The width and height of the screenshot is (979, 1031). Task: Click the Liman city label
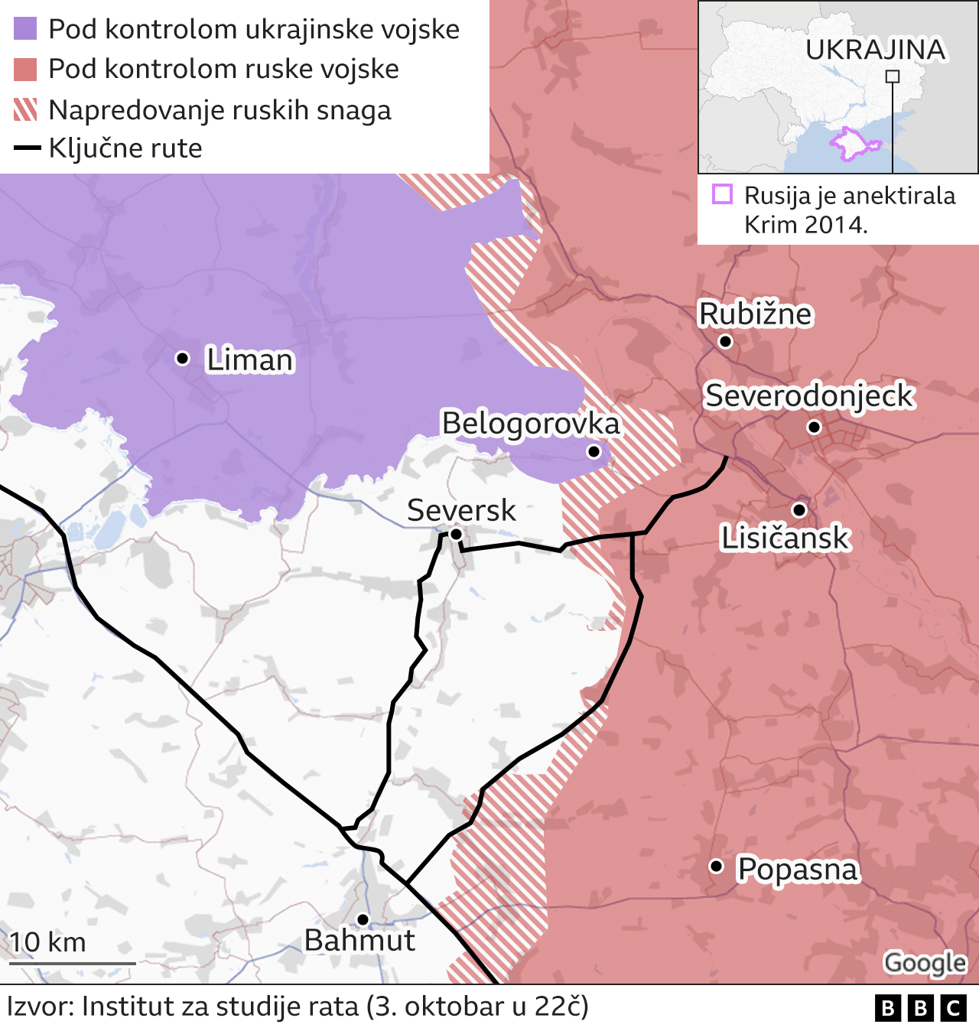pos(249,360)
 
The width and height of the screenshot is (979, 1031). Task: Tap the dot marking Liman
pos(182,358)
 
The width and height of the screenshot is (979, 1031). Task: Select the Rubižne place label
pos(755,314)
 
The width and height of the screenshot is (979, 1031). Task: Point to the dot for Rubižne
pos(726,341)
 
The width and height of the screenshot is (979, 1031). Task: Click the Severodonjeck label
pos(808,396)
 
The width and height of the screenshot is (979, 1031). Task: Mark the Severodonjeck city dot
pos(815,427)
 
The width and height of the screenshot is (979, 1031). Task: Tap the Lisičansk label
pos(785,538)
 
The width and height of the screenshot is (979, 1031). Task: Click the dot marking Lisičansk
pos(799,509)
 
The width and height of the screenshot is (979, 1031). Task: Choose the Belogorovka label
pos(530,424)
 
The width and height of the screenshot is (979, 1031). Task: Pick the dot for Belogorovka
pos(594,452)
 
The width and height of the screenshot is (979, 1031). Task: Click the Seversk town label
pos(461,510)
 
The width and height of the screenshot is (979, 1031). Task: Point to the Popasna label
pos(797,870)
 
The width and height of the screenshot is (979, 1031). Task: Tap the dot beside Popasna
pos(716,866)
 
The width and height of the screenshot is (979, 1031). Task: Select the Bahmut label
pos(359,940)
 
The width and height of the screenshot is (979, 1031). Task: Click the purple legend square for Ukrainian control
pos(25,29)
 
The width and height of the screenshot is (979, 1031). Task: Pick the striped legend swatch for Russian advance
pos(25,109)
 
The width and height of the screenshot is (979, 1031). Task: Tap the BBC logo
pos(921,1008)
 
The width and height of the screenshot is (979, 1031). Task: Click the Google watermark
pos(925,963)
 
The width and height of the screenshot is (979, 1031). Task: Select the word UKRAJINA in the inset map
pos(875,50)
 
